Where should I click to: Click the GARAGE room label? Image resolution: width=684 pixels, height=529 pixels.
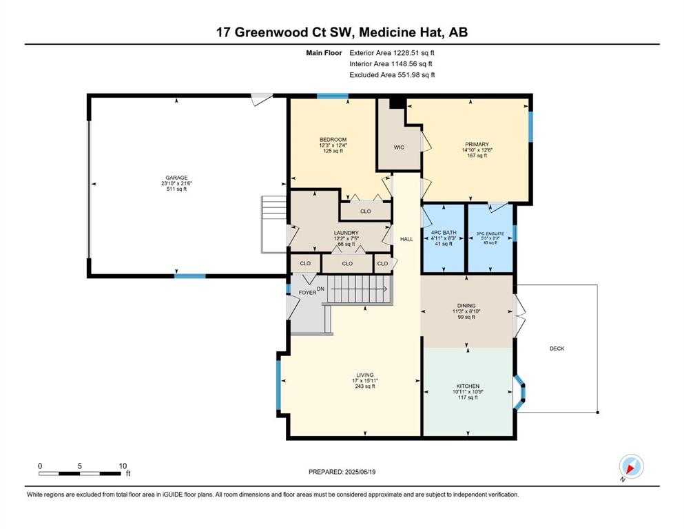[x=176, y=178]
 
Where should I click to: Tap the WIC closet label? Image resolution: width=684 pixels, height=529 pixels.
[x=399, y=147]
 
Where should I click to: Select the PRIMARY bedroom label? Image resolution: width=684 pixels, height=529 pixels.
[x=477, y=145]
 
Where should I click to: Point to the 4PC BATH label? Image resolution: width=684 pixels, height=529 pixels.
[x=444, y=233]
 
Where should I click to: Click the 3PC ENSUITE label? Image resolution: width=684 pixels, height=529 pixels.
[x=490, y=234]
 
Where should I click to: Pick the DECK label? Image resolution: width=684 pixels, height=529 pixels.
[x=557, y=349]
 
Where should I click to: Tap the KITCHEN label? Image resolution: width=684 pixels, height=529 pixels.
[x=468, y=386]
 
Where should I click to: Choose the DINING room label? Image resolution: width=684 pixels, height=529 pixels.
[x=466, y=306]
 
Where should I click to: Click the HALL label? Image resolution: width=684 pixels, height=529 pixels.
[x=406, y=239]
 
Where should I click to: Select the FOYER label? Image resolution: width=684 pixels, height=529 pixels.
[x=307, y=293]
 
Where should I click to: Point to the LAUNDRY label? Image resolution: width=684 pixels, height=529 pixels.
[x=346, y=233]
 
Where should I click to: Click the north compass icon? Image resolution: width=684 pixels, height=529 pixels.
[x=631, y=466]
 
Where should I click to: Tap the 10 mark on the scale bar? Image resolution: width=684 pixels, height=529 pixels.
[x=123, y=466]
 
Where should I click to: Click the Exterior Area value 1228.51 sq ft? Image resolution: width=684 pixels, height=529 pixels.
[x=414, y=53]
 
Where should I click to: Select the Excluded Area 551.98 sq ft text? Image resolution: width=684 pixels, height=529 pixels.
[x=392, y=75]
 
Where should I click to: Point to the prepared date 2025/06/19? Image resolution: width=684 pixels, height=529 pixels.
[x=360, y=472]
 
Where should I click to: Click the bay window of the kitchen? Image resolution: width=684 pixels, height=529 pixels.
[x=519, y=392]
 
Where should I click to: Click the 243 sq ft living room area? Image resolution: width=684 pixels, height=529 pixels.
[x=365, y=386]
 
